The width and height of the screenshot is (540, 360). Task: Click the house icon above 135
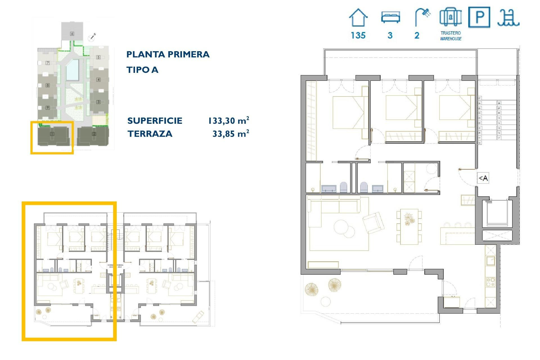click(x=358, y=18)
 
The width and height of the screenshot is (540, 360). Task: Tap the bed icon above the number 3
click(x=390, y=17)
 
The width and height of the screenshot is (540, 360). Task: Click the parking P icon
click(x=479, y=17)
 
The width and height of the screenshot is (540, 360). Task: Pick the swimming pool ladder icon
click(x=508, y=18)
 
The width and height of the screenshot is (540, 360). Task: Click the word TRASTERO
click(x=451, y=33)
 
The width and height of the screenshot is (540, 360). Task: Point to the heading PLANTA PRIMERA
click(x=168, y=54)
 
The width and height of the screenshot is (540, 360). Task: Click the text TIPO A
click(x=142, y=70)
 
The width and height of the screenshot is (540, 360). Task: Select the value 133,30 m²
click(x=228, y=121)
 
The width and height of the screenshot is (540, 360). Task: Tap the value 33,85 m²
click(x=231, y=134)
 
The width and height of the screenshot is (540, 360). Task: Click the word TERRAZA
click(x=150, y=134)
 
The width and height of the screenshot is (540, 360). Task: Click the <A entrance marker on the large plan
click(x=483, y=178)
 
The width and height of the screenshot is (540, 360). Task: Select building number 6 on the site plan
click(x=72, y=34)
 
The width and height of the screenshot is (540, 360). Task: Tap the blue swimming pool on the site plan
click(x=72, y=70)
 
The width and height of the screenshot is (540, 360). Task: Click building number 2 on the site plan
click(x=94, y=134)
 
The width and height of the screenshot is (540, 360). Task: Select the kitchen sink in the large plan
click(x=491, y=261)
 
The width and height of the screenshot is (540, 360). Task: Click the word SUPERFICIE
click(x=155, y=121)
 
